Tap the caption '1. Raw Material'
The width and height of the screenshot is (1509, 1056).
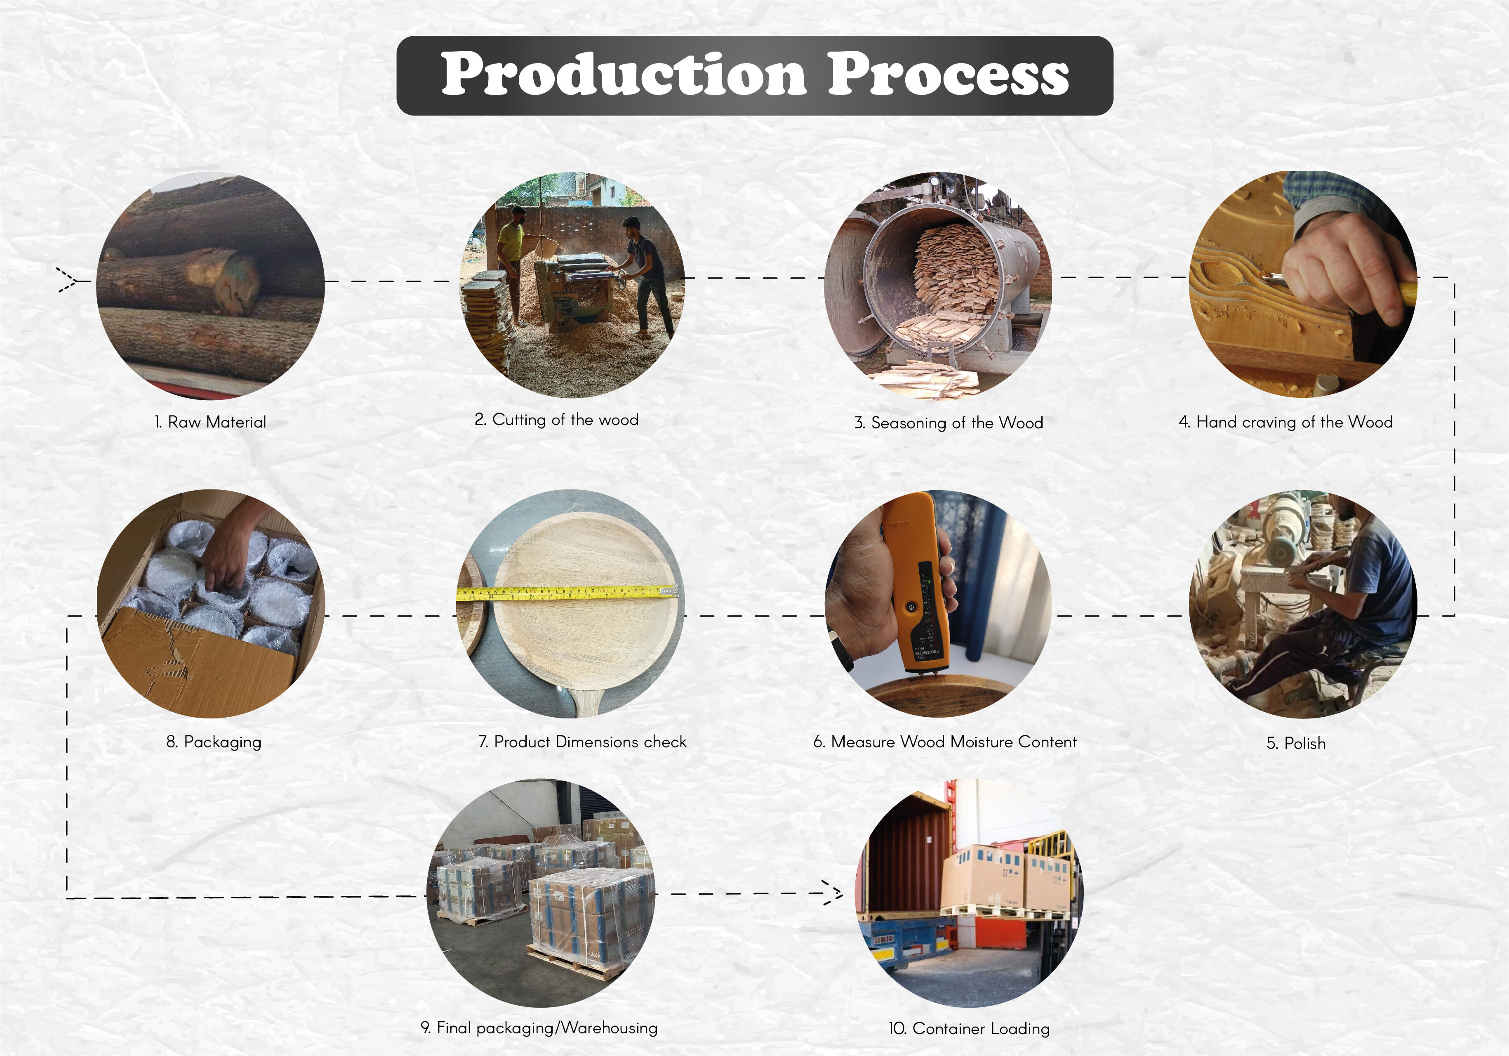pos(210,422)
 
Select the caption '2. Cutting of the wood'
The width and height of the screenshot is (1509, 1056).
pos(556,420)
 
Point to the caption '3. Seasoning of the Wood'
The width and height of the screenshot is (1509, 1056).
pos(949,423)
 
